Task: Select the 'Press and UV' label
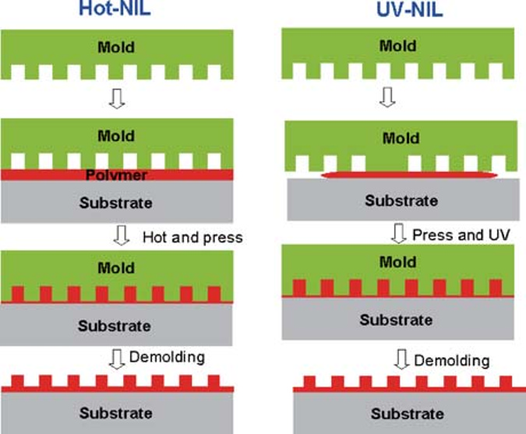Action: click(460, 234)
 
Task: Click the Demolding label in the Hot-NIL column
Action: click(168, 357)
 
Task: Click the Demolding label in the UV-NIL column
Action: click(451, 361)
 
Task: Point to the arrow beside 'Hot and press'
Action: click(119, 236)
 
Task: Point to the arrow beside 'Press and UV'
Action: click(398, 233)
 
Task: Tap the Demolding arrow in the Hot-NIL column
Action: click(119, 358)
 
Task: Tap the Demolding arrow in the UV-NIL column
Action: click(401, 360)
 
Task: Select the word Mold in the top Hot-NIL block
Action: click(115, 48)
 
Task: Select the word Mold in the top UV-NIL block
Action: click(397, 46)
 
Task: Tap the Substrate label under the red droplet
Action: click(401, 201)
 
